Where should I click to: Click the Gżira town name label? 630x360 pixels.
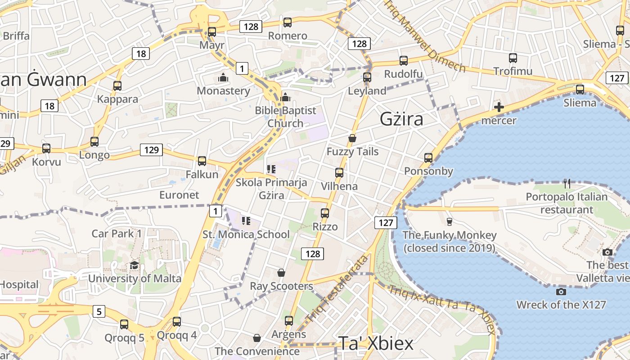pyautogui.click(x=401, y=119)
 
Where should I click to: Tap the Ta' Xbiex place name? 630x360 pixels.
pyautogui.click(x=375, y=343)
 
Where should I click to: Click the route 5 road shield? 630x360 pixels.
pyautogui.click(x=99, y=311)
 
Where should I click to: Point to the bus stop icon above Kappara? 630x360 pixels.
pyautogui.click(x=117, y=85)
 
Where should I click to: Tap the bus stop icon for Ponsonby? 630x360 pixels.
pyautogui.click(x=428, y=158)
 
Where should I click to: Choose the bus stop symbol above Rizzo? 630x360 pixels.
pyautogui.click(x=325, y=213)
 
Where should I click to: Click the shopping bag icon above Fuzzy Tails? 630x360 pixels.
pyautogui.click(x=352, y=138)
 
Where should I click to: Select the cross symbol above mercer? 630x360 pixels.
pyautogui.click(x=499, y=107)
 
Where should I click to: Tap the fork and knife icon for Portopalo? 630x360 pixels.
pyautogui.click(x=567, y=184)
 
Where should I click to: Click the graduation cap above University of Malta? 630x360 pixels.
pyautogui.click(x=134, y=265)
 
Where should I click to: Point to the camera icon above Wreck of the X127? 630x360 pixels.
pyautogui.click(x=561, y=292)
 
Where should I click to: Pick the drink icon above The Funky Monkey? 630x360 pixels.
pyautogui.click(x=449, y=221)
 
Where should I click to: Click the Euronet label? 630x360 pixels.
pyautogui.click(x=179, y=195)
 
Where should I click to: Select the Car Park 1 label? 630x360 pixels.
pyautogui.click(x=117, y=234)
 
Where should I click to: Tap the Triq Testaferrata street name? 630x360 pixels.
pyautogui.click(x=337, y=288)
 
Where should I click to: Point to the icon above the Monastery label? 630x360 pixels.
pyautogui.click(x=223, y=77)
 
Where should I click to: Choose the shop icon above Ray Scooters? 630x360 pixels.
pyautogui.click(x=281, y=273)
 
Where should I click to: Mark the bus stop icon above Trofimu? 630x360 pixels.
pyautogui.click(x=513, y=58)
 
